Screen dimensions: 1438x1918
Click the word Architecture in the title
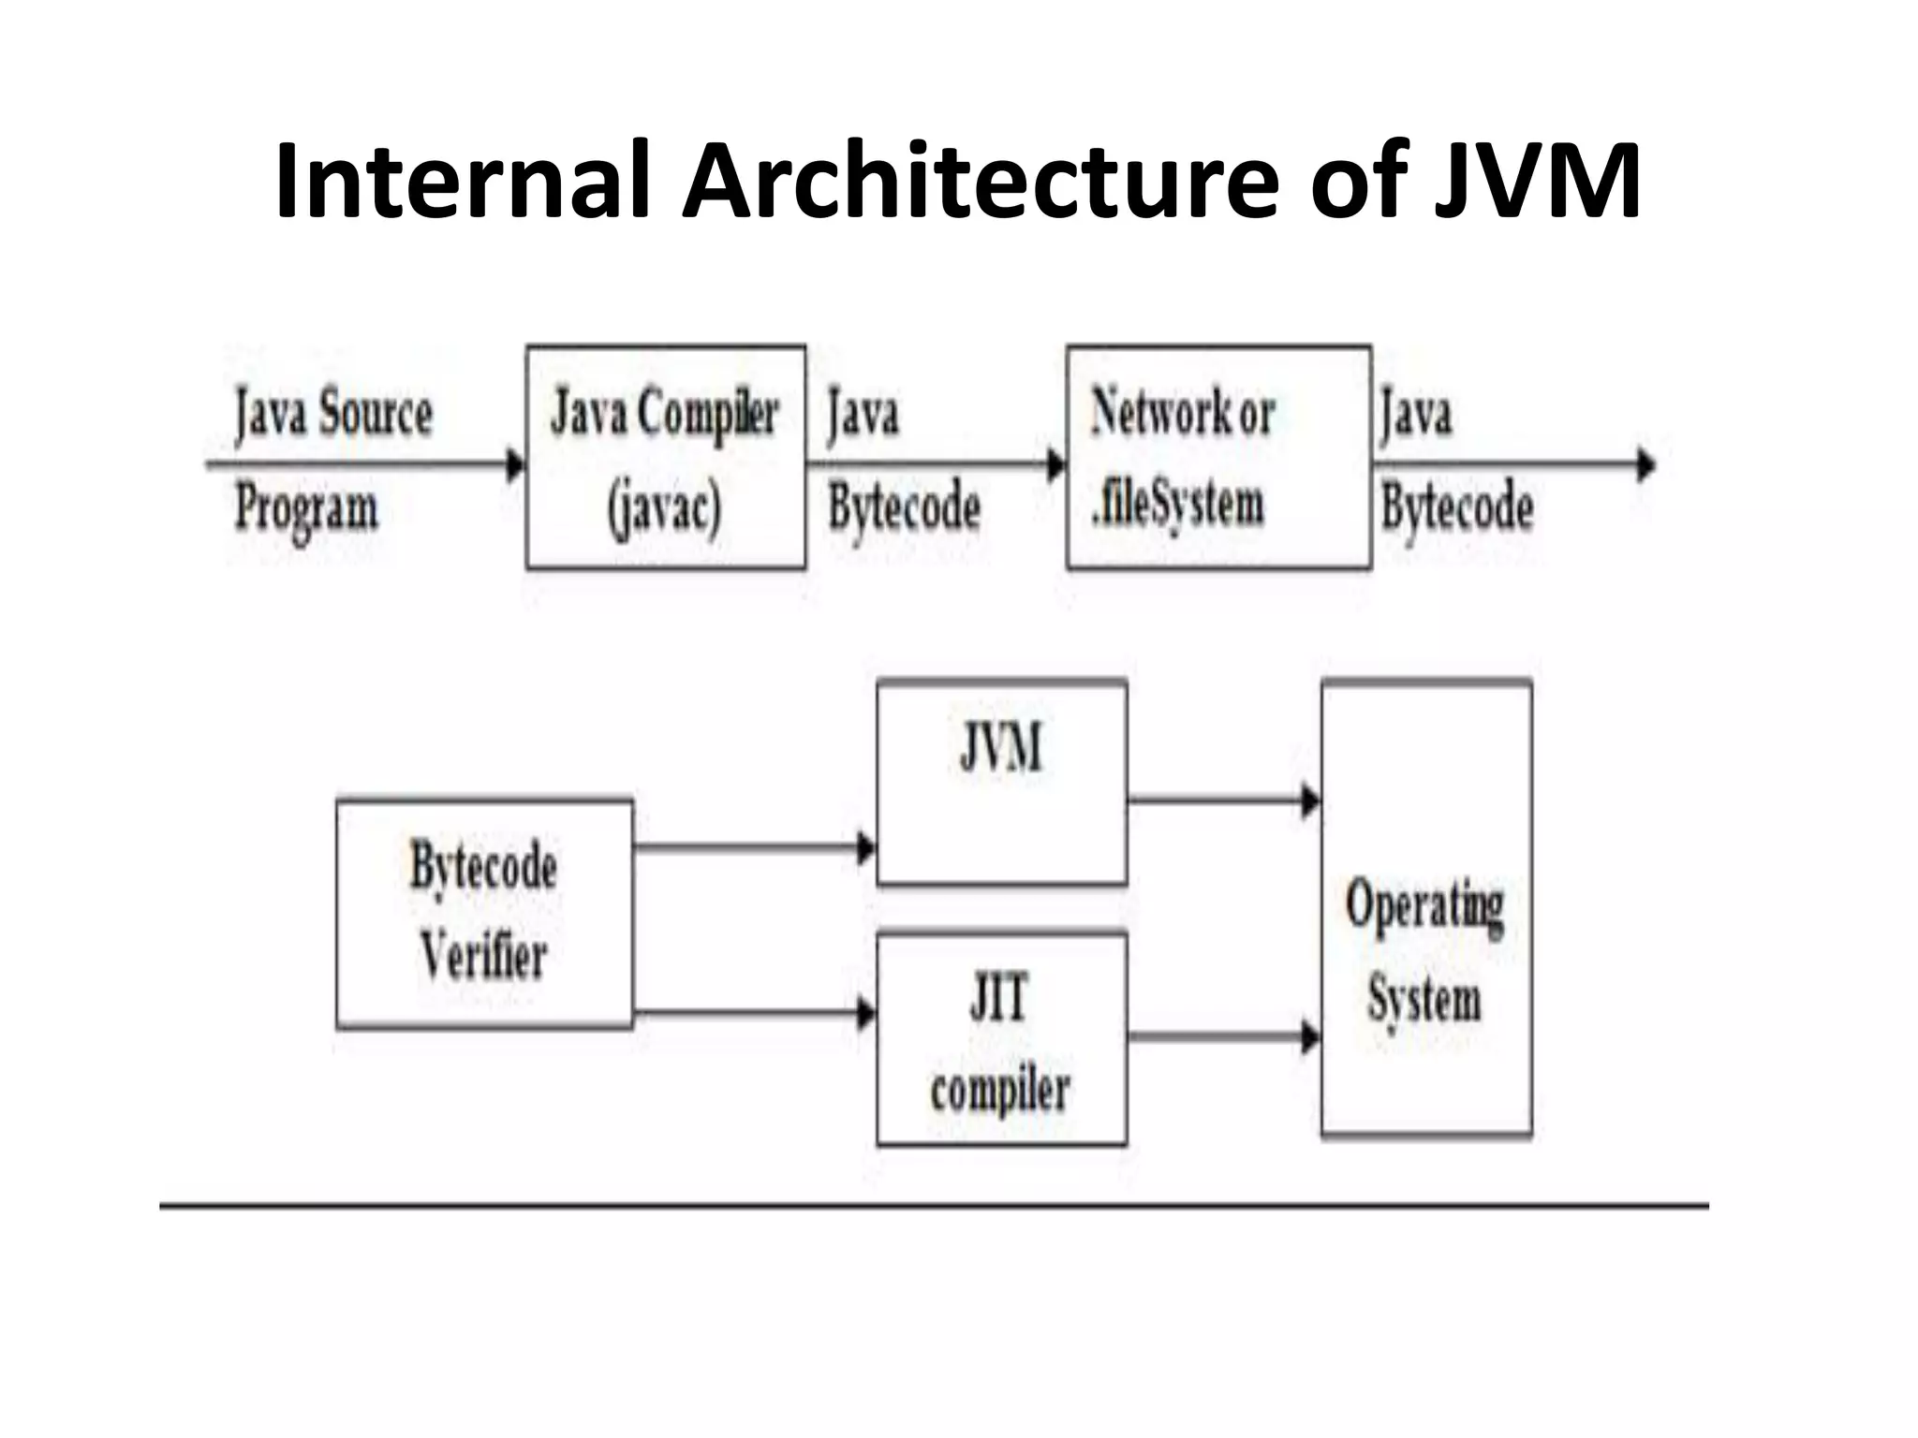click(980, 181)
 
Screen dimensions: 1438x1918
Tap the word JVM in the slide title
click(1537, 181)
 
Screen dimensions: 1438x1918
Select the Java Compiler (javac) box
click(666, 457)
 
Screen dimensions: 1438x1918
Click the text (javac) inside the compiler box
click(665, 508)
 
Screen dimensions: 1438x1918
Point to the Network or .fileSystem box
click(1218, 457)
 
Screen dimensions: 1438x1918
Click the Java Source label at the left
click(333, 413)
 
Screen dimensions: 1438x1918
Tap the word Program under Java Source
click(307, 508)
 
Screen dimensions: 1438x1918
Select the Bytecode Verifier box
click(484, 913)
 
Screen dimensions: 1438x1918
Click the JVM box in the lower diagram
click(1001, 783)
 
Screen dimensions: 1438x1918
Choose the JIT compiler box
click(1001, 1039)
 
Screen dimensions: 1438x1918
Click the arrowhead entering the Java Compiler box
click(515, 464)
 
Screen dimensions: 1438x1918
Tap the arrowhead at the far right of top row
click(1645, 464)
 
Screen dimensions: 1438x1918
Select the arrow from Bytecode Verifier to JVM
click(754, 848)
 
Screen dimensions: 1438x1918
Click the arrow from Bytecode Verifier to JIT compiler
click(754, 1013)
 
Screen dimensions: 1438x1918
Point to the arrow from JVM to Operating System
click(1222, 801)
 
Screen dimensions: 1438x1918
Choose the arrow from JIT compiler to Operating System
click(1222, 1036)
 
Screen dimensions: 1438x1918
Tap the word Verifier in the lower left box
click(484, 957)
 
